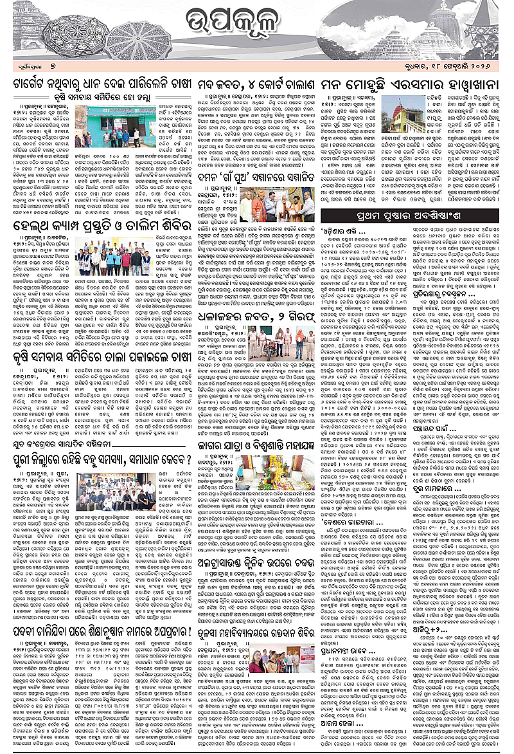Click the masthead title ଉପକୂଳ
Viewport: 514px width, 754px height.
[x=258, y=28]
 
